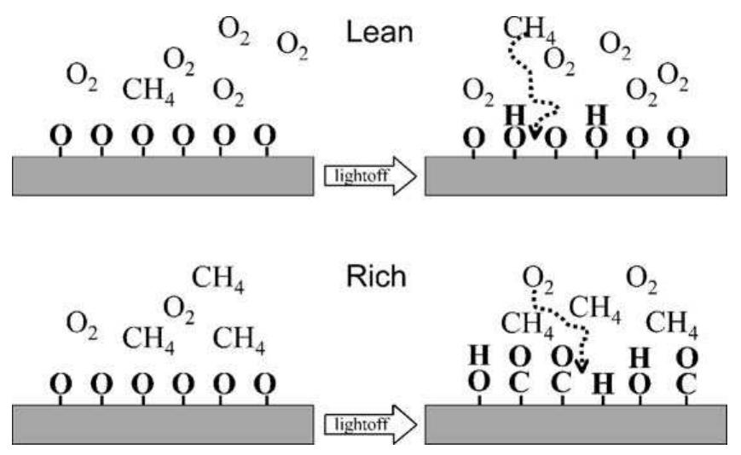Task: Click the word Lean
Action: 379,32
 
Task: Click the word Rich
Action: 376,276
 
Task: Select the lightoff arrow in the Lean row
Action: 370,176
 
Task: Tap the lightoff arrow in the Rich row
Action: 370,424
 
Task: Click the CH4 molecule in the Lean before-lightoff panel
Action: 148,90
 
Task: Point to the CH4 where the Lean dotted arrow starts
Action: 530,28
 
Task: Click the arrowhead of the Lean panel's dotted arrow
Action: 535,132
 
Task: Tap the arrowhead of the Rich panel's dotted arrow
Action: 582,366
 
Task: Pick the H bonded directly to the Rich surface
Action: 603,383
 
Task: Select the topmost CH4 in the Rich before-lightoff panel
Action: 217,278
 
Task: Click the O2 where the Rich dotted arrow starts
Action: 538,279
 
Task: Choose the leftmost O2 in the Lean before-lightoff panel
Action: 82,76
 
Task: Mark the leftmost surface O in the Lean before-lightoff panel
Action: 61,135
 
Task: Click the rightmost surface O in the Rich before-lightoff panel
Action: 264,383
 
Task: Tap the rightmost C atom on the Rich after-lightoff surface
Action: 686,383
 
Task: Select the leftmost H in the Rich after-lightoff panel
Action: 478,355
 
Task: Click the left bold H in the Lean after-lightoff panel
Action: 515,115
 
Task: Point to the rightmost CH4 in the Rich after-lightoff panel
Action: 672,324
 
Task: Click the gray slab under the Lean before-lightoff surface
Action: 163,176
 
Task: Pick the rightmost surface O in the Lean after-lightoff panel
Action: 678,138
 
